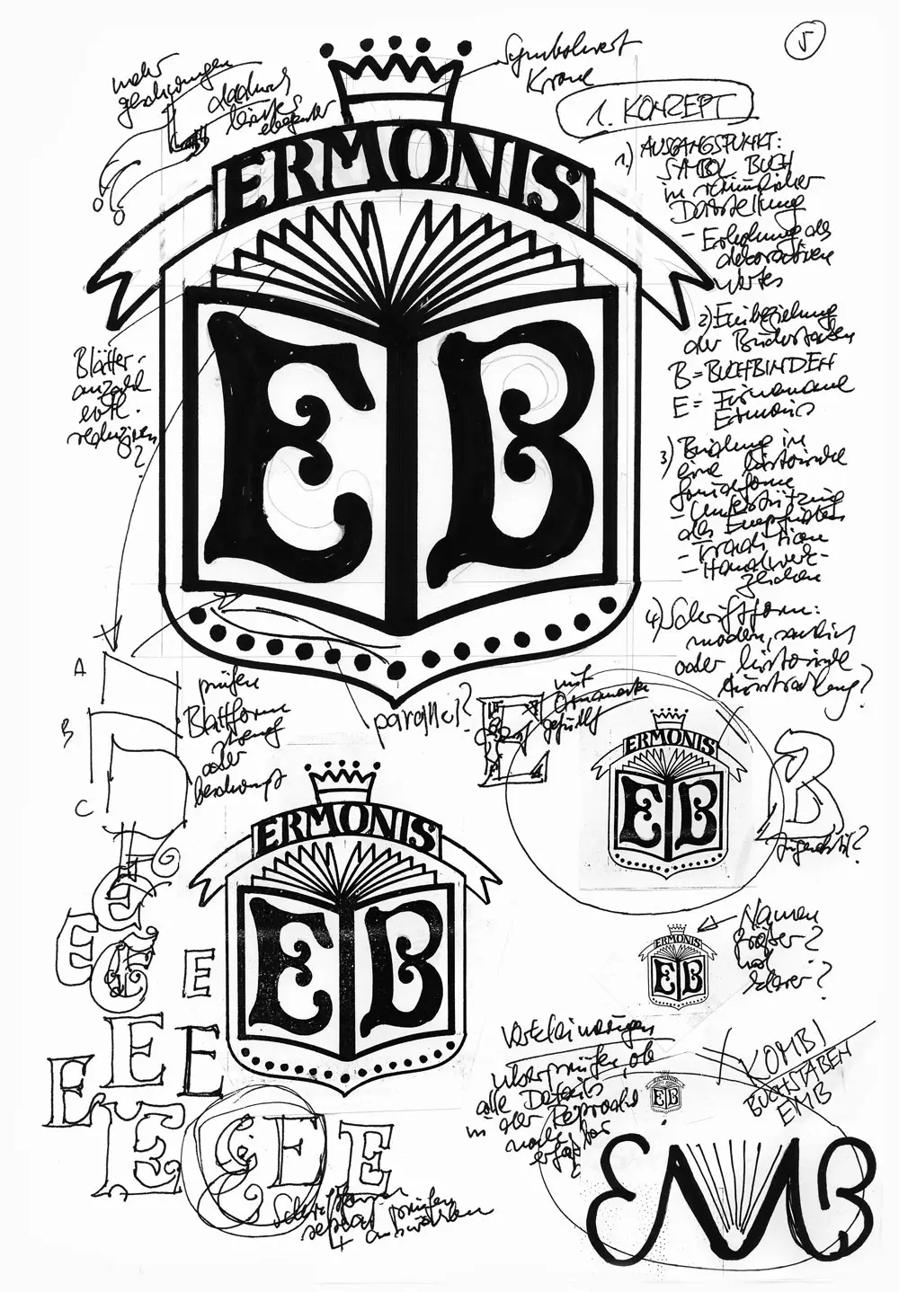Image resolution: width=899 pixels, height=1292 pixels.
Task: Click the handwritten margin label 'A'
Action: pos(79,667)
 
